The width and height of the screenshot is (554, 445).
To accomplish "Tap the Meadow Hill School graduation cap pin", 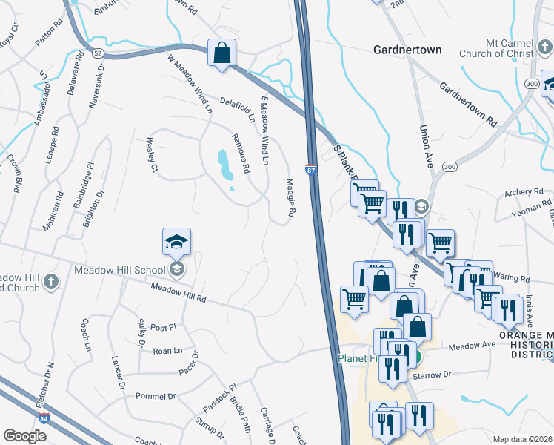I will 176,243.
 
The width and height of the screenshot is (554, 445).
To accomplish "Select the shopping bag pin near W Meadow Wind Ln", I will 221,54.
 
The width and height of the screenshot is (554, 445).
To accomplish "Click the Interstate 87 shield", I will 311,170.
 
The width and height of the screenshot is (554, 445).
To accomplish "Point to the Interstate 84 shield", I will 45,418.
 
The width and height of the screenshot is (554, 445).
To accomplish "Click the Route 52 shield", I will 98,53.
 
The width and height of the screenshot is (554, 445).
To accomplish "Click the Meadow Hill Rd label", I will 178,294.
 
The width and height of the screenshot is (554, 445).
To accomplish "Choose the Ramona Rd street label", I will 239,153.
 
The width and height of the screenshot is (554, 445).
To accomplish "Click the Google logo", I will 24,436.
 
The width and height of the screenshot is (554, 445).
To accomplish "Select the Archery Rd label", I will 518,193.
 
